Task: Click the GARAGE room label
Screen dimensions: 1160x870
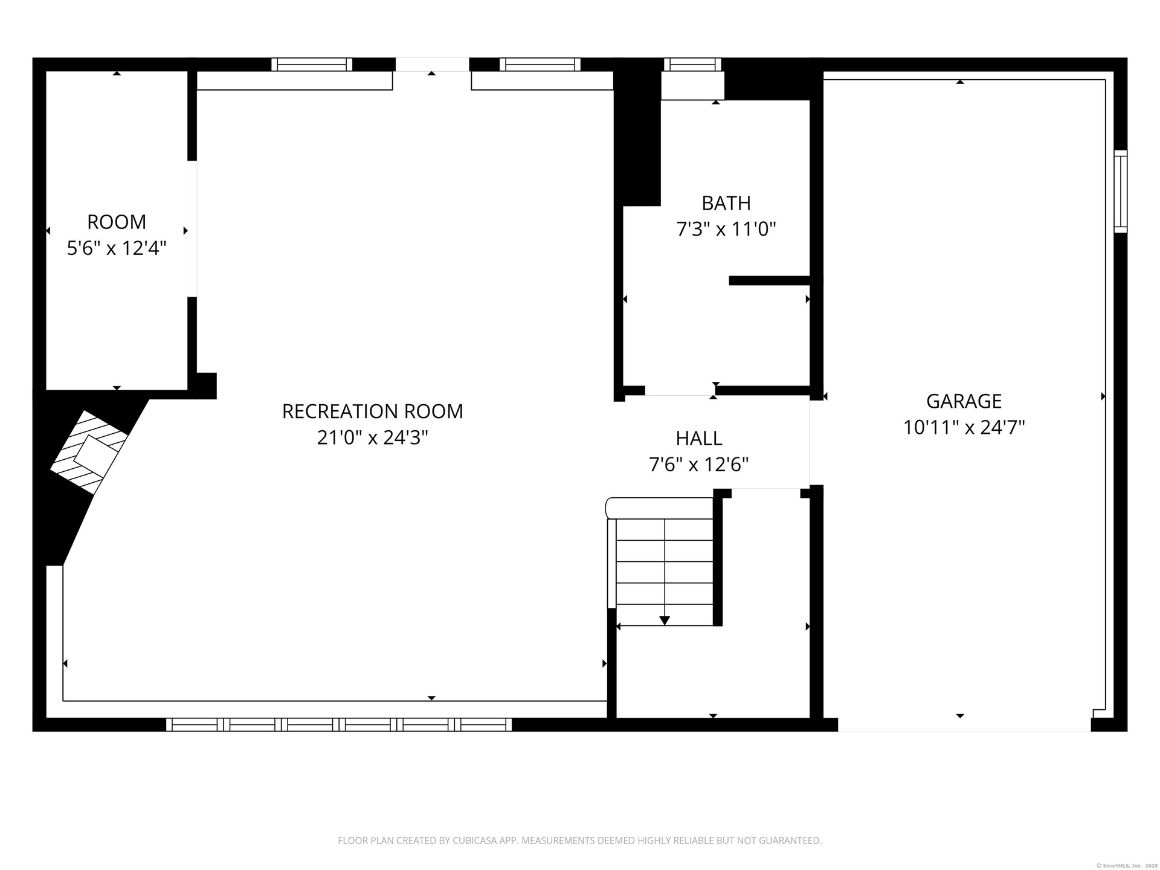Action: pyautogui.click(x=964, y=401)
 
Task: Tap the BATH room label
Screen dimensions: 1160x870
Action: pyautogui.click(x=726, y=203)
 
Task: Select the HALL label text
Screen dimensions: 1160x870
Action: pyautogui.click(x=699, y=438)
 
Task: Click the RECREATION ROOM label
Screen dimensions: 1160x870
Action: pyautogui.click(x=373, y=411)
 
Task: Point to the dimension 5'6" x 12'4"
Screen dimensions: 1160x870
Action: pyautogui.click(x=117, y=248)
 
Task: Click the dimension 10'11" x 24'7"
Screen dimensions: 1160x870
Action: pyautogui.click(x=964, y=428)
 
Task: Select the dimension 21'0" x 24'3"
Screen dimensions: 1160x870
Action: pyautogui.click(x=373, y=437)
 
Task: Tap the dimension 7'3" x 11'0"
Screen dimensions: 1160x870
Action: pyautogui.click(x=726, y=230)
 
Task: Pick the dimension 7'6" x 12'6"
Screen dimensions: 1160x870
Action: pyautogui.click(x=699, y=465)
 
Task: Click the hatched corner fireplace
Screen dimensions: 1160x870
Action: pyautogui.click(x=89, y=452)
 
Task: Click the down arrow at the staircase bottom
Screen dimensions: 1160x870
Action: pyautogui.click(x=665, y=620)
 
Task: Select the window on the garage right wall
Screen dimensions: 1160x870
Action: pyautogui.click(x=1121, y=191)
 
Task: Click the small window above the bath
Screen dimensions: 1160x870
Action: pyautogui.click(x=692, y=65)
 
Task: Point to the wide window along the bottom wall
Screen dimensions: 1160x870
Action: pyautogui.click(x=339, y=724)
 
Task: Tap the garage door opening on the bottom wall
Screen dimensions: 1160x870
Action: pyautogui.click(x=964, y=725)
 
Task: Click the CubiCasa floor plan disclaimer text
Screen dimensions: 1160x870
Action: pyautogui.click(x=580, y=840)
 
